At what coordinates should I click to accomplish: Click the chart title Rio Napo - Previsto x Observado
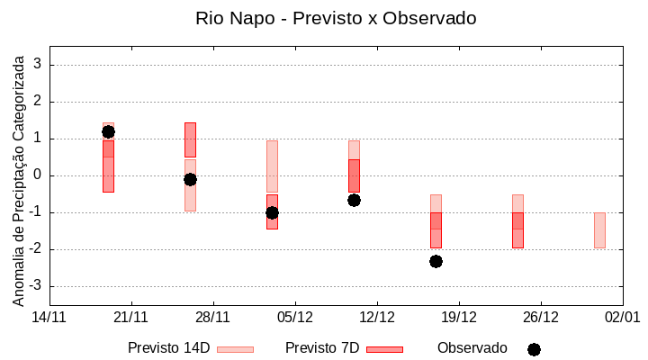tap(336, 18)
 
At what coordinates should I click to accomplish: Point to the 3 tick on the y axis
tap(38, 65)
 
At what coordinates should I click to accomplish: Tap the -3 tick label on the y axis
tap(35, 286)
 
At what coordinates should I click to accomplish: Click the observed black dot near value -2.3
tap(436, 261)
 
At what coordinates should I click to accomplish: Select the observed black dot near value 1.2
tap(108, 131)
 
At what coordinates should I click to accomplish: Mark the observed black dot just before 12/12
tap(354, 200)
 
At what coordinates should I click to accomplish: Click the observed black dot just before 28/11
tap(190, 179)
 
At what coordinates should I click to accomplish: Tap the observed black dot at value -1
tap(272, 212)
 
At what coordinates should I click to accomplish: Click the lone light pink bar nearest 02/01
tap(599, 230)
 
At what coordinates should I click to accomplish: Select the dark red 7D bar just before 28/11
tap(190, 140)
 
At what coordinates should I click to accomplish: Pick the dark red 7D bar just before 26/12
tap(517, 230)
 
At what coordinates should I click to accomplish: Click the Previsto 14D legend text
tap(168, 348)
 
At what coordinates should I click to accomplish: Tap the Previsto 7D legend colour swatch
tap(384, 348)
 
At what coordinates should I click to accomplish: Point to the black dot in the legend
tap(534, 349)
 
